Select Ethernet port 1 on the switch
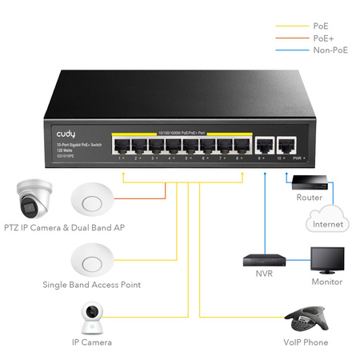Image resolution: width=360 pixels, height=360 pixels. click(122, 146)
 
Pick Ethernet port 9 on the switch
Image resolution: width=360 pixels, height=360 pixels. click(264, 146)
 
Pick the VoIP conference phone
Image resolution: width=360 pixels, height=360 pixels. click(304, 318)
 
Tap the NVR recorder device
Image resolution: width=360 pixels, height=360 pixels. click(264, 260)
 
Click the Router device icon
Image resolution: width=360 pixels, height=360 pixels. click(308, 181)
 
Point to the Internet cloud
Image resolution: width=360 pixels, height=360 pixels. click(328, 219)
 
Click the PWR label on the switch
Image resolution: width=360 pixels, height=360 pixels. click(298, 159)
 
